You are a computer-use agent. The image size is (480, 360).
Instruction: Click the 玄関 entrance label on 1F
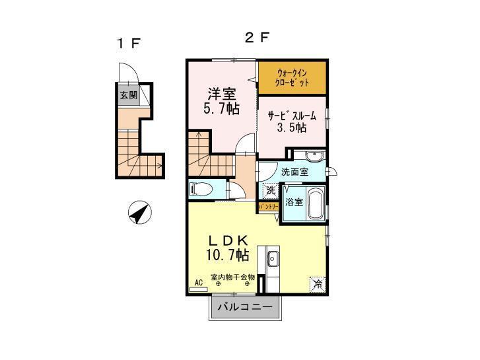[x=128, y=94]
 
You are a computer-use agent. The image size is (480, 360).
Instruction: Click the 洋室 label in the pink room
[x=221, y=95]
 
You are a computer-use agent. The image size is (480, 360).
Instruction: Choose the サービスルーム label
[x=292, y=116]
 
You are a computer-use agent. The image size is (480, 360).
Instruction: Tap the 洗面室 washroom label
[x=294, y=172]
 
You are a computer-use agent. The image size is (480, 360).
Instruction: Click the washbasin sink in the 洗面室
[x=313, y=157]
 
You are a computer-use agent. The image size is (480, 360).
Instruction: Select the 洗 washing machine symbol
[x=271, y=191]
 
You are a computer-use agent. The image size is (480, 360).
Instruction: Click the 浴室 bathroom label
[x=294, y=201]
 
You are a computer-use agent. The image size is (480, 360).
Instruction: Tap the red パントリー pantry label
[x=267, y=207]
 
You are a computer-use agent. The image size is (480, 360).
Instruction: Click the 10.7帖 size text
[x=226, y=254]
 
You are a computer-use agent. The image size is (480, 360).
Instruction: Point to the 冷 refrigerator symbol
[x=317, y=285]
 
